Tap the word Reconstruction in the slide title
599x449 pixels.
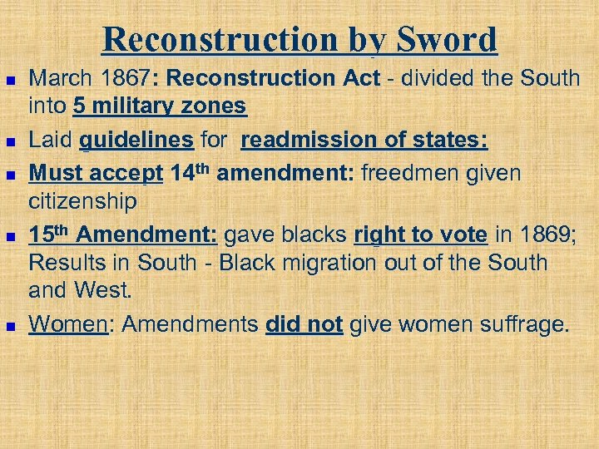(220, 39)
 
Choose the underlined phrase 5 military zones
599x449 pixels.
(159, 106)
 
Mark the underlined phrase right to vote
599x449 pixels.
(420, 235)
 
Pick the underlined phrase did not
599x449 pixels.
(304, 323)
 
